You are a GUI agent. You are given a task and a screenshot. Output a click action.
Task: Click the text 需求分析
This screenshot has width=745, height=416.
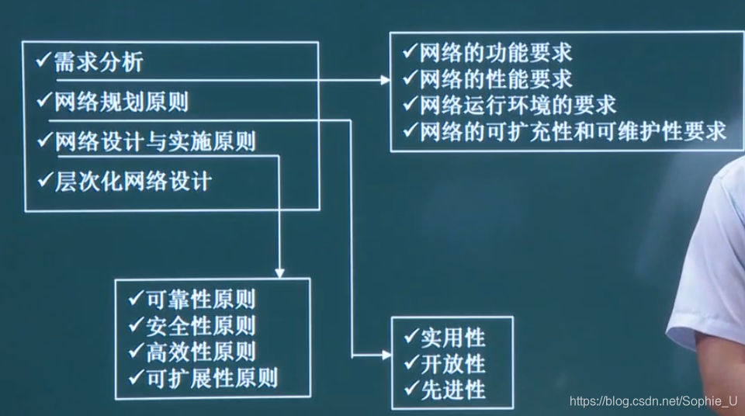[99, 62]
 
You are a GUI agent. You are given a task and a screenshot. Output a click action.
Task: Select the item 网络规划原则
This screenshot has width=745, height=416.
[121, 102]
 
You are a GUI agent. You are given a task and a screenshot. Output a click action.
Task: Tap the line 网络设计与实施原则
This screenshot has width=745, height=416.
[155, 142]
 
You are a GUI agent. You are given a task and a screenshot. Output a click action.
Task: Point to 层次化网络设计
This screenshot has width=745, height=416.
[133, 182]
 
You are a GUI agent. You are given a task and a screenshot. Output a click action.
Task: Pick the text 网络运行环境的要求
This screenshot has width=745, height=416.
[518, 105]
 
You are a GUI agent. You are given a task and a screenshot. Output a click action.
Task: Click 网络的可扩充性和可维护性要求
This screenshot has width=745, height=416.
[573, 130]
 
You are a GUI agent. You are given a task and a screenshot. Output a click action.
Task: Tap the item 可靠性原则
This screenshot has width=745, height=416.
[200, 299]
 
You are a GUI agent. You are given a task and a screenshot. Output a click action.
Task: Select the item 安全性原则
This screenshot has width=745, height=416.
[200, 325]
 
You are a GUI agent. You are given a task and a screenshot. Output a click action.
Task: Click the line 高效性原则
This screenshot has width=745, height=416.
[200, 352]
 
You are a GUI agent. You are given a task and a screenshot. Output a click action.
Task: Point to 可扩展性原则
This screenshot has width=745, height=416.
[211, 378]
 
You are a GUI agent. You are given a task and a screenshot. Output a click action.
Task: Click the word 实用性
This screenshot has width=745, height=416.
[453, 338]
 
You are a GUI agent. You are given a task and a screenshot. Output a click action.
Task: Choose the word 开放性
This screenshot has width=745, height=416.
[453, 363]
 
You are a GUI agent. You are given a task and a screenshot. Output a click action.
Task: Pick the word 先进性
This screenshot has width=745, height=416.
[453, 389]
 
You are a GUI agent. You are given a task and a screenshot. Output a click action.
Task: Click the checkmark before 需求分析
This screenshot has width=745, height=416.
[43, 61]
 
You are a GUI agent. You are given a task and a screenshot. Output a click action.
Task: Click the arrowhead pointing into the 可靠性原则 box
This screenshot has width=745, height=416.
[279, 273]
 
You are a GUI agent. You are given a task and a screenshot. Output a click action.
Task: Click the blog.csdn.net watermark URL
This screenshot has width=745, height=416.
[653, 401]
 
